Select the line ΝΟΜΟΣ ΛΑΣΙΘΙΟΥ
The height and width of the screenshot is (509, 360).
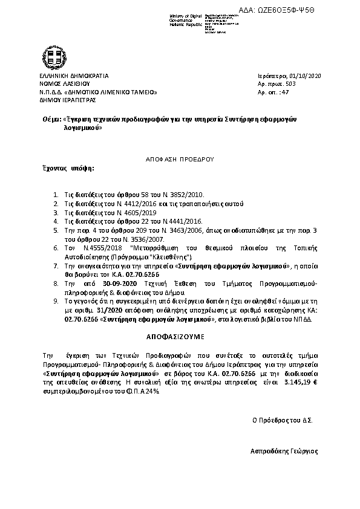[64, 84]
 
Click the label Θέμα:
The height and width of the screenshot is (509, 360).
[50, 120]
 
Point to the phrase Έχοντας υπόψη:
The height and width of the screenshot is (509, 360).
[68, 168]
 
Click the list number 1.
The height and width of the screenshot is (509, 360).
[55, 195]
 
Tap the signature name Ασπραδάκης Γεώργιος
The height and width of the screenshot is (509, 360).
[284, 451]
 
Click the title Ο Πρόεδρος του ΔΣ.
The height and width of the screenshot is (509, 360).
[282, 419]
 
